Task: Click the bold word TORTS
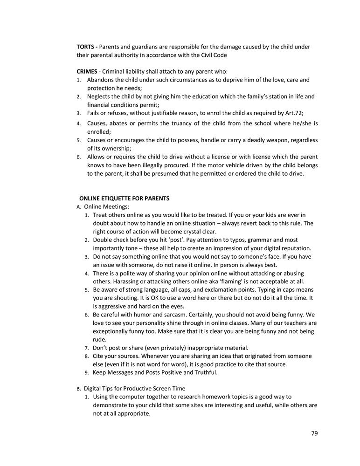pos(85,47)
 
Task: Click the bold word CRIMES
pos(87,71)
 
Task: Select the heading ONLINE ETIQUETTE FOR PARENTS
pos(124,198)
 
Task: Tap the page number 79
pos(314,433)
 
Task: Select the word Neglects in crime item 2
pos(99,96)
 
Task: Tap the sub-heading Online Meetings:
pos(107,206)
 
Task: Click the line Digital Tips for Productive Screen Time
pos(134,388)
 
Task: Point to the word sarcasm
pos(169,315)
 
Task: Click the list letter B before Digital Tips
pos(78,389)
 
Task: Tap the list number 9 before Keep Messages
pos(87,373)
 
